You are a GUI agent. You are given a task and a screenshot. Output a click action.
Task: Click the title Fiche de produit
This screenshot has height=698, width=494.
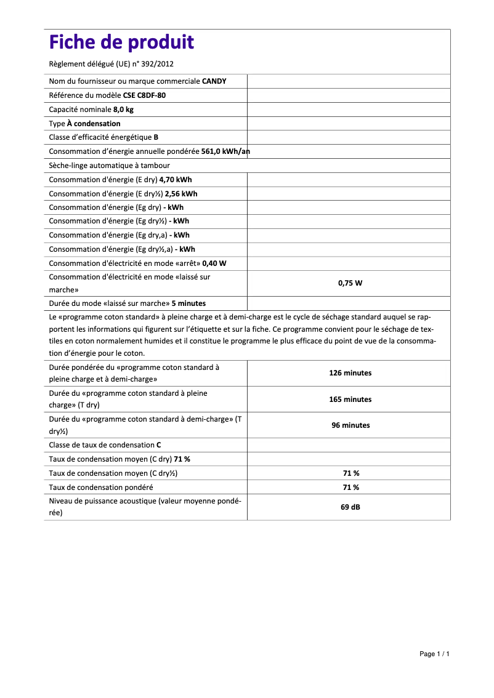coord(121,42)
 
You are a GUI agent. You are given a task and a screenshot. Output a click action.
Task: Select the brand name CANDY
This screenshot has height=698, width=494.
coord(214,81)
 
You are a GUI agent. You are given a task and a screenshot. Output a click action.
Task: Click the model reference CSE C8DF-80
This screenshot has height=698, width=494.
coord(144,95)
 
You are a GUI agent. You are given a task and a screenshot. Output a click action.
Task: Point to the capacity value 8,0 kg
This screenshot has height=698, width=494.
coord(123,110)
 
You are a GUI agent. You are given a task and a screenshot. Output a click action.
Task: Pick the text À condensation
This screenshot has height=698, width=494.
coord(94,124)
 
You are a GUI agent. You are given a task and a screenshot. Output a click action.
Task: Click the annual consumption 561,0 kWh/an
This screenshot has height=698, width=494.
coord(225,151)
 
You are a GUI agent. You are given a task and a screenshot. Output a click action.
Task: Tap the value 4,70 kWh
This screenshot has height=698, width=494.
coord(176,180)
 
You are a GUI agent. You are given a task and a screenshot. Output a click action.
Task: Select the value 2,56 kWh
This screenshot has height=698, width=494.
coord(181,194)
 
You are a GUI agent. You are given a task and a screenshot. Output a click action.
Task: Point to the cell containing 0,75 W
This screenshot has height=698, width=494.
coord(349,283)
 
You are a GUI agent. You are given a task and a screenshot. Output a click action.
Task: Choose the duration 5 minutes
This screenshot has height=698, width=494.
coord(188,303)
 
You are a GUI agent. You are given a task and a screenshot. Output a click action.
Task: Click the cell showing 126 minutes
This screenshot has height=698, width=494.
coord(350,373)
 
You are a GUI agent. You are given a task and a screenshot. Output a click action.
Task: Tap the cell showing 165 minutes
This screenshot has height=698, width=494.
coord(350,399)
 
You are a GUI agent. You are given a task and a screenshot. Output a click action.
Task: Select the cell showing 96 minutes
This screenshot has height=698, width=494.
coord(350,425)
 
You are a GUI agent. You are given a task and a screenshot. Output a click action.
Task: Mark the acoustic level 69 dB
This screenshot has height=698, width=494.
coord(350,508)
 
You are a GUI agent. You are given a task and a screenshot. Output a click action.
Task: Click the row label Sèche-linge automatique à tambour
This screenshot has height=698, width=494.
coord(109,166)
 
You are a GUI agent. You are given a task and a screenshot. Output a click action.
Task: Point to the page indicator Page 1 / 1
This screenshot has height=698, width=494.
coord(434,654)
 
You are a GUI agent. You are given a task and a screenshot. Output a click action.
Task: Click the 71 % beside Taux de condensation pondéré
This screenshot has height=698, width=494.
coord(350,487)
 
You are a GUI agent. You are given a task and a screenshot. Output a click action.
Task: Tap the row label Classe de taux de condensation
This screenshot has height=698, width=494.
coord(101,444)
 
